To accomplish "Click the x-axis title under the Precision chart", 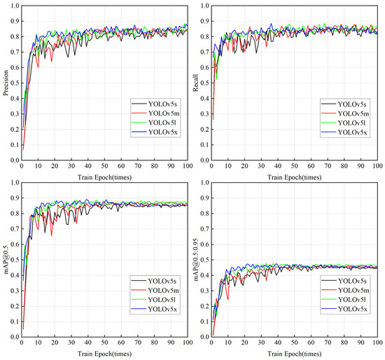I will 104,176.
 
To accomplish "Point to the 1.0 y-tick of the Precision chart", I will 14,6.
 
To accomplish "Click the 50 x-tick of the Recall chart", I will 295,167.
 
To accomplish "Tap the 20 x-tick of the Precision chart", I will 55,167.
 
